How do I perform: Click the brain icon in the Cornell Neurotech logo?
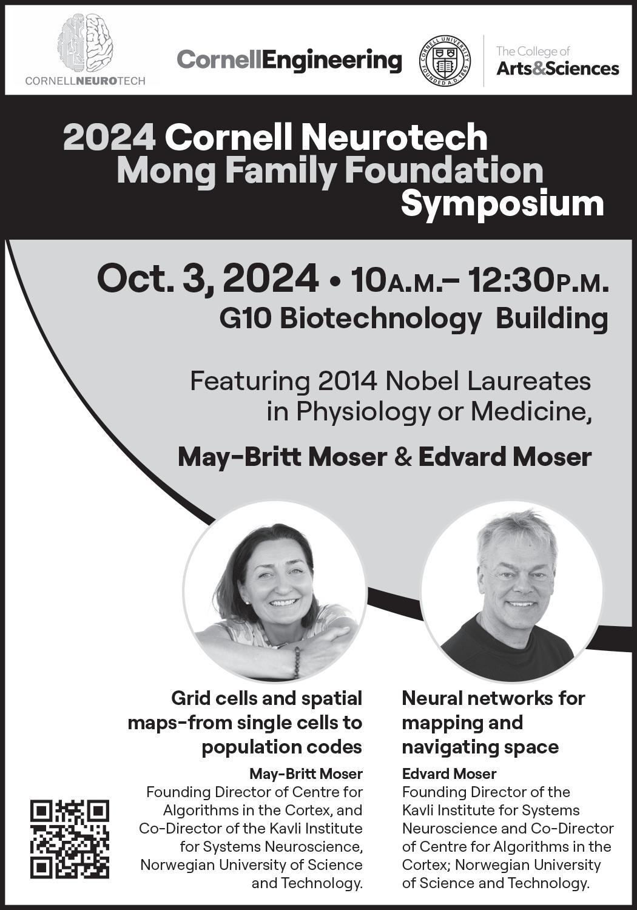point(85,44)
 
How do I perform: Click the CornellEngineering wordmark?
point(289,61)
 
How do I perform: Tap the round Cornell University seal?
point(445,61)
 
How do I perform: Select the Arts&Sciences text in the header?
point(558,69)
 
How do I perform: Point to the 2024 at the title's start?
point(109,137)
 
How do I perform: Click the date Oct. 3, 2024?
point(207,280)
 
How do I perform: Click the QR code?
point(70,839)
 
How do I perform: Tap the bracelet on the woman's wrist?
point(297,662)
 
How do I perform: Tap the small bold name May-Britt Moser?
point(306,773)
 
